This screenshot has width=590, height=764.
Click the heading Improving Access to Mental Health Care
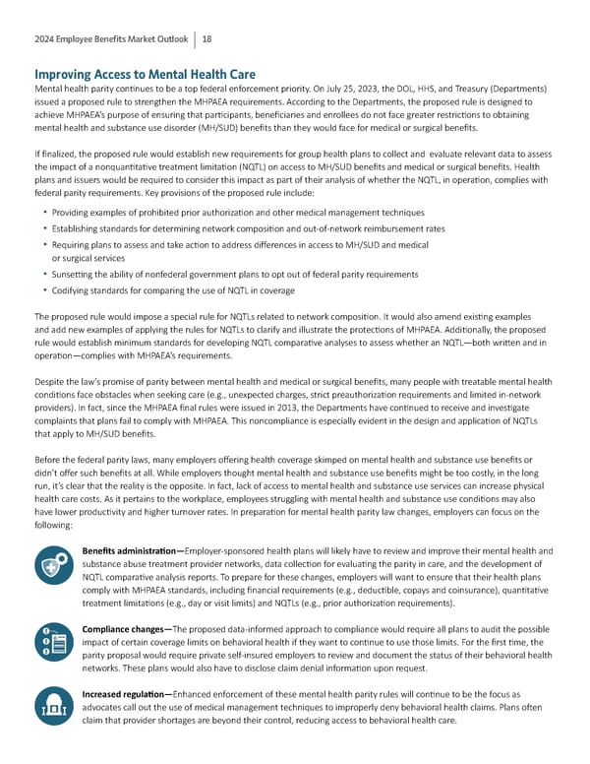(144, 75)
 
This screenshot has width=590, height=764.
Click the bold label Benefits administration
(131, 550)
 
